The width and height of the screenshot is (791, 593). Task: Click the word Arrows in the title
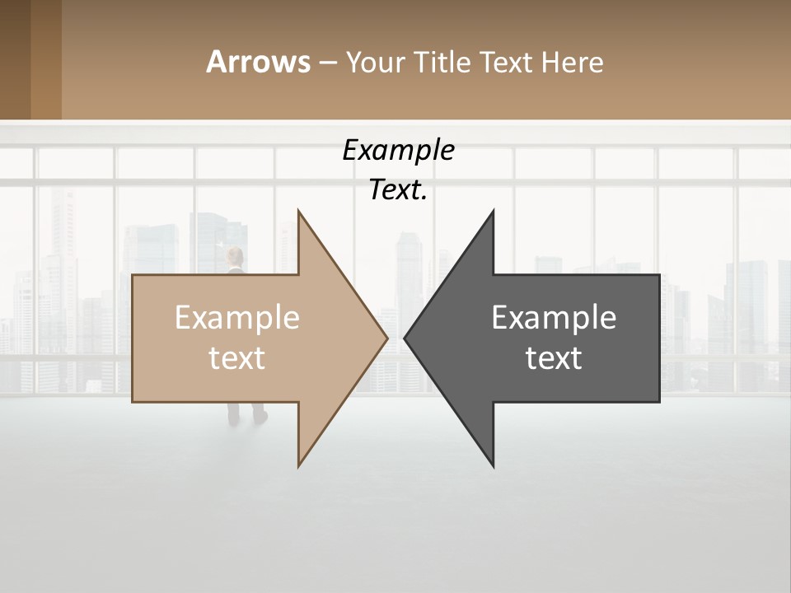pyautogui.click(x=258, y=62)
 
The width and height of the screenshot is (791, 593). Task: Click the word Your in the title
pyautogui.click(x=375, y=62)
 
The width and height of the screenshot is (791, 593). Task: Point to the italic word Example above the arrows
pyautogui.click(x=399, y=151)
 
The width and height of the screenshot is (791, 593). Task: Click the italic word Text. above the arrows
pyautogui.click(x=399, y=190)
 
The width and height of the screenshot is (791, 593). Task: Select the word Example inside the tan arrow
pyautogui.click(x=237, y=318)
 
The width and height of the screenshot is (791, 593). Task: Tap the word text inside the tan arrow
pyautogui.click(x=237, y=358)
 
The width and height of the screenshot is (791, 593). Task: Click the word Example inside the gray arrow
pyautogui.click(x=554, y=318)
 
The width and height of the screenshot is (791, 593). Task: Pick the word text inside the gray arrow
pyautogui.click(x=554, y=358)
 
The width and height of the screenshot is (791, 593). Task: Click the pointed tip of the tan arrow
pyautogui.click(x=386, y=338)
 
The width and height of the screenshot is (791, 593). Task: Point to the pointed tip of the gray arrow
pyautogui.click(x=405, y=338)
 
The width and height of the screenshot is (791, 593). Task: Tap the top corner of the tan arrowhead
pyautogui.click(x=299, y=211)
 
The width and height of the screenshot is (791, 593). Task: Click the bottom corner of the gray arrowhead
pyautogui.click(x=493, y=466)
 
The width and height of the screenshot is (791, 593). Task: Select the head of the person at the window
pyautogui.click(x=236, y=254)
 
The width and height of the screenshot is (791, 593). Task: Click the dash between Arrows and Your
pyautogui.click(x=327, y=63)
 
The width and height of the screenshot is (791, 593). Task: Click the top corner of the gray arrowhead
pyautogui.click(x=493, y=211)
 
